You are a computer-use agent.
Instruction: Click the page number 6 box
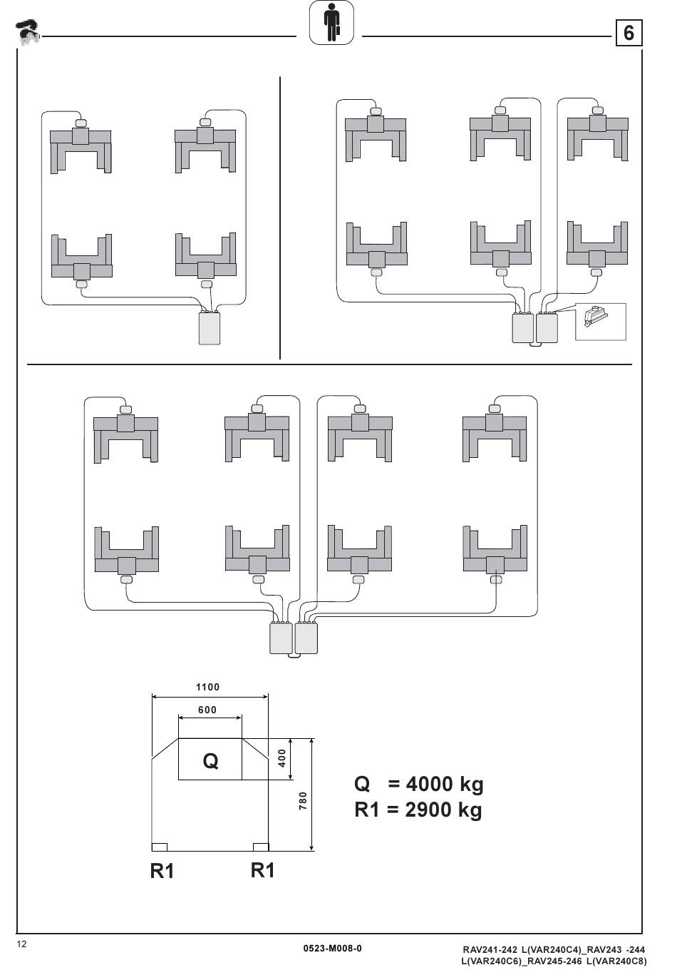click(x=628, y=33)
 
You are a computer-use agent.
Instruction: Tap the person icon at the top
click(x=331, y=23)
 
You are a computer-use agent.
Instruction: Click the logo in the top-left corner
click(x=28, y=32)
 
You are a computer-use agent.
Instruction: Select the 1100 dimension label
click(x=208, y=688)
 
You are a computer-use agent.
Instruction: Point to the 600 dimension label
click(x=207, y=710)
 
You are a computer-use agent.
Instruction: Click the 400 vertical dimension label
click(x=282, y=758)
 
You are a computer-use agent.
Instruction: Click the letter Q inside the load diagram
click(x=210, y=761)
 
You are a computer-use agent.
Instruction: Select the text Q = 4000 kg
click(x=419, y=784)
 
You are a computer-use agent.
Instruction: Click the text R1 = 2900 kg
click(x=418, y=810)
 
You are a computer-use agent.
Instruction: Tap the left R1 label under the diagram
click(x=162, y=871)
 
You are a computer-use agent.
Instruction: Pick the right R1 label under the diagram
click(x=263, y=870)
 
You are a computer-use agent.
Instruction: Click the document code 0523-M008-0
click(x=332, y=948)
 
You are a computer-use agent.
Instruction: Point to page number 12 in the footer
click(x=22, y=944)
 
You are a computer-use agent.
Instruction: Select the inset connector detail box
click(x=600, y=322)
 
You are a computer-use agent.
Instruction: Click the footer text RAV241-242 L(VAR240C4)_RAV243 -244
click(x=554, y=949)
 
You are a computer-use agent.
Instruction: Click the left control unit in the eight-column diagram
click(x=281, y=638)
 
